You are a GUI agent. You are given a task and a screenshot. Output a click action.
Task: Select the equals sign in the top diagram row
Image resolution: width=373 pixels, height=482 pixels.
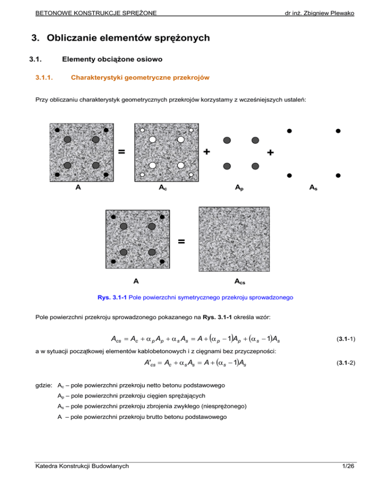(x=121, y=152)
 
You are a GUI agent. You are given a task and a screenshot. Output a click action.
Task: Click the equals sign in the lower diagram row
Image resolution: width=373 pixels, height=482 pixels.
(x=182, y=241)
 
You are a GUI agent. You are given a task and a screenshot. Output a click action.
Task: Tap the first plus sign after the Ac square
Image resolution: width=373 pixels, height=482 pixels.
(x=207, y=152)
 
